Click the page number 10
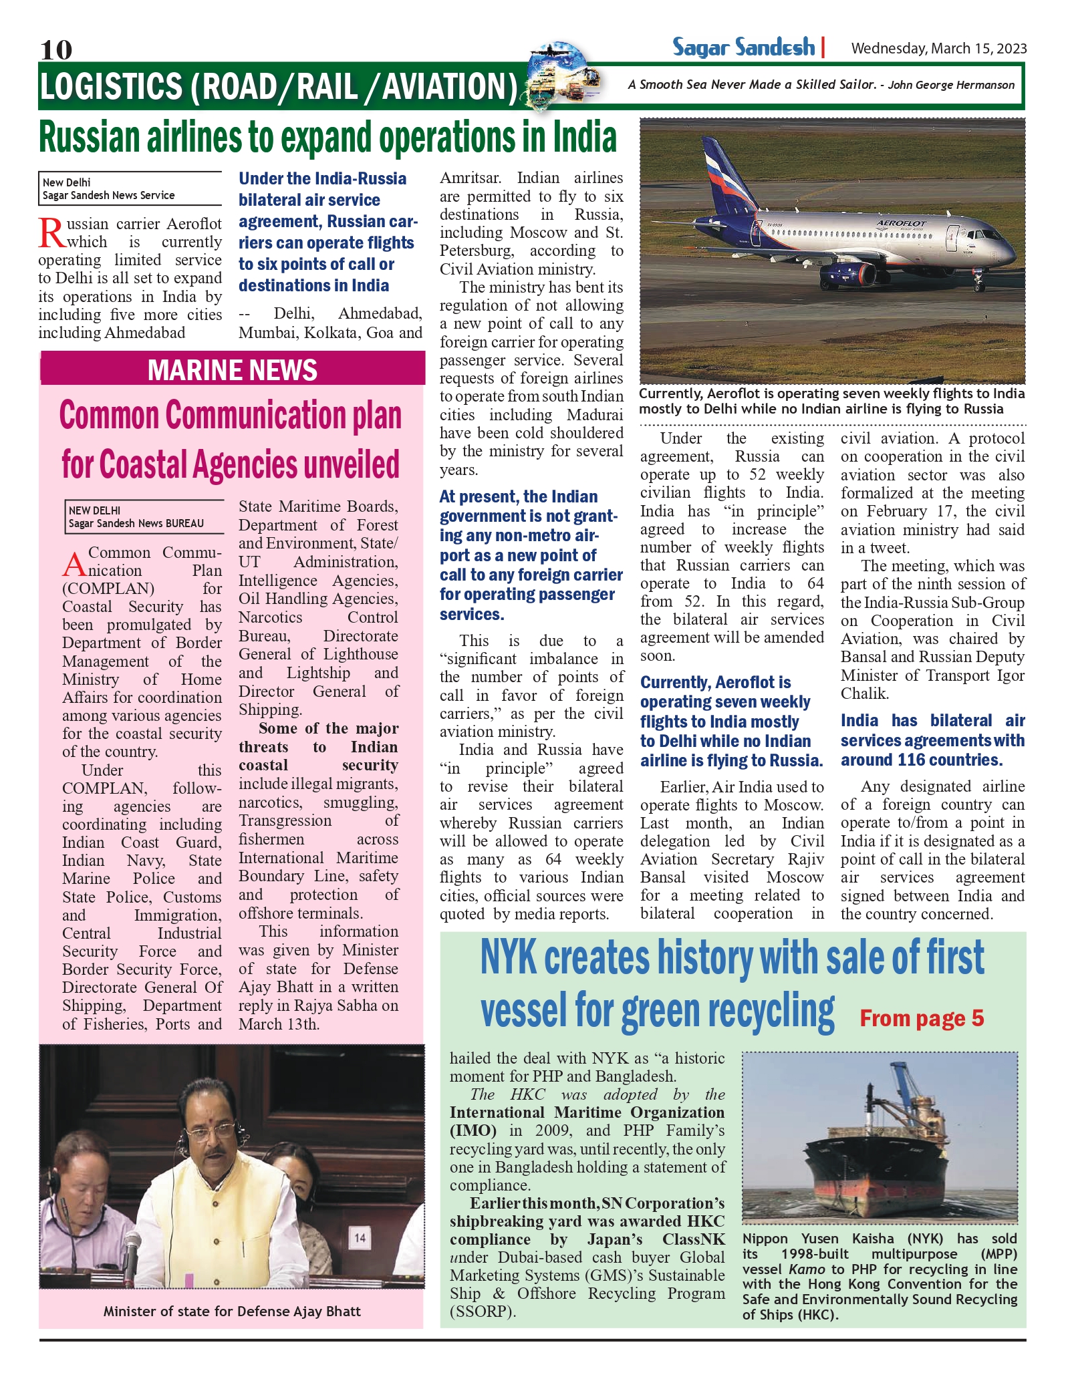coord(56,49)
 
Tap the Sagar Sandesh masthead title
coord(743,47)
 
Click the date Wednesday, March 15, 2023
coord(938,48)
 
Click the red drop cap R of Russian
coord(51,233)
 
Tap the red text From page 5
coord(922,1018)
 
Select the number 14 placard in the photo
coord(360,1237)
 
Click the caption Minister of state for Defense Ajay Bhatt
coord(232,1311)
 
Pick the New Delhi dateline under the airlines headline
coord(67,182)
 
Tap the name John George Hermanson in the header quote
coord(951,85)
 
